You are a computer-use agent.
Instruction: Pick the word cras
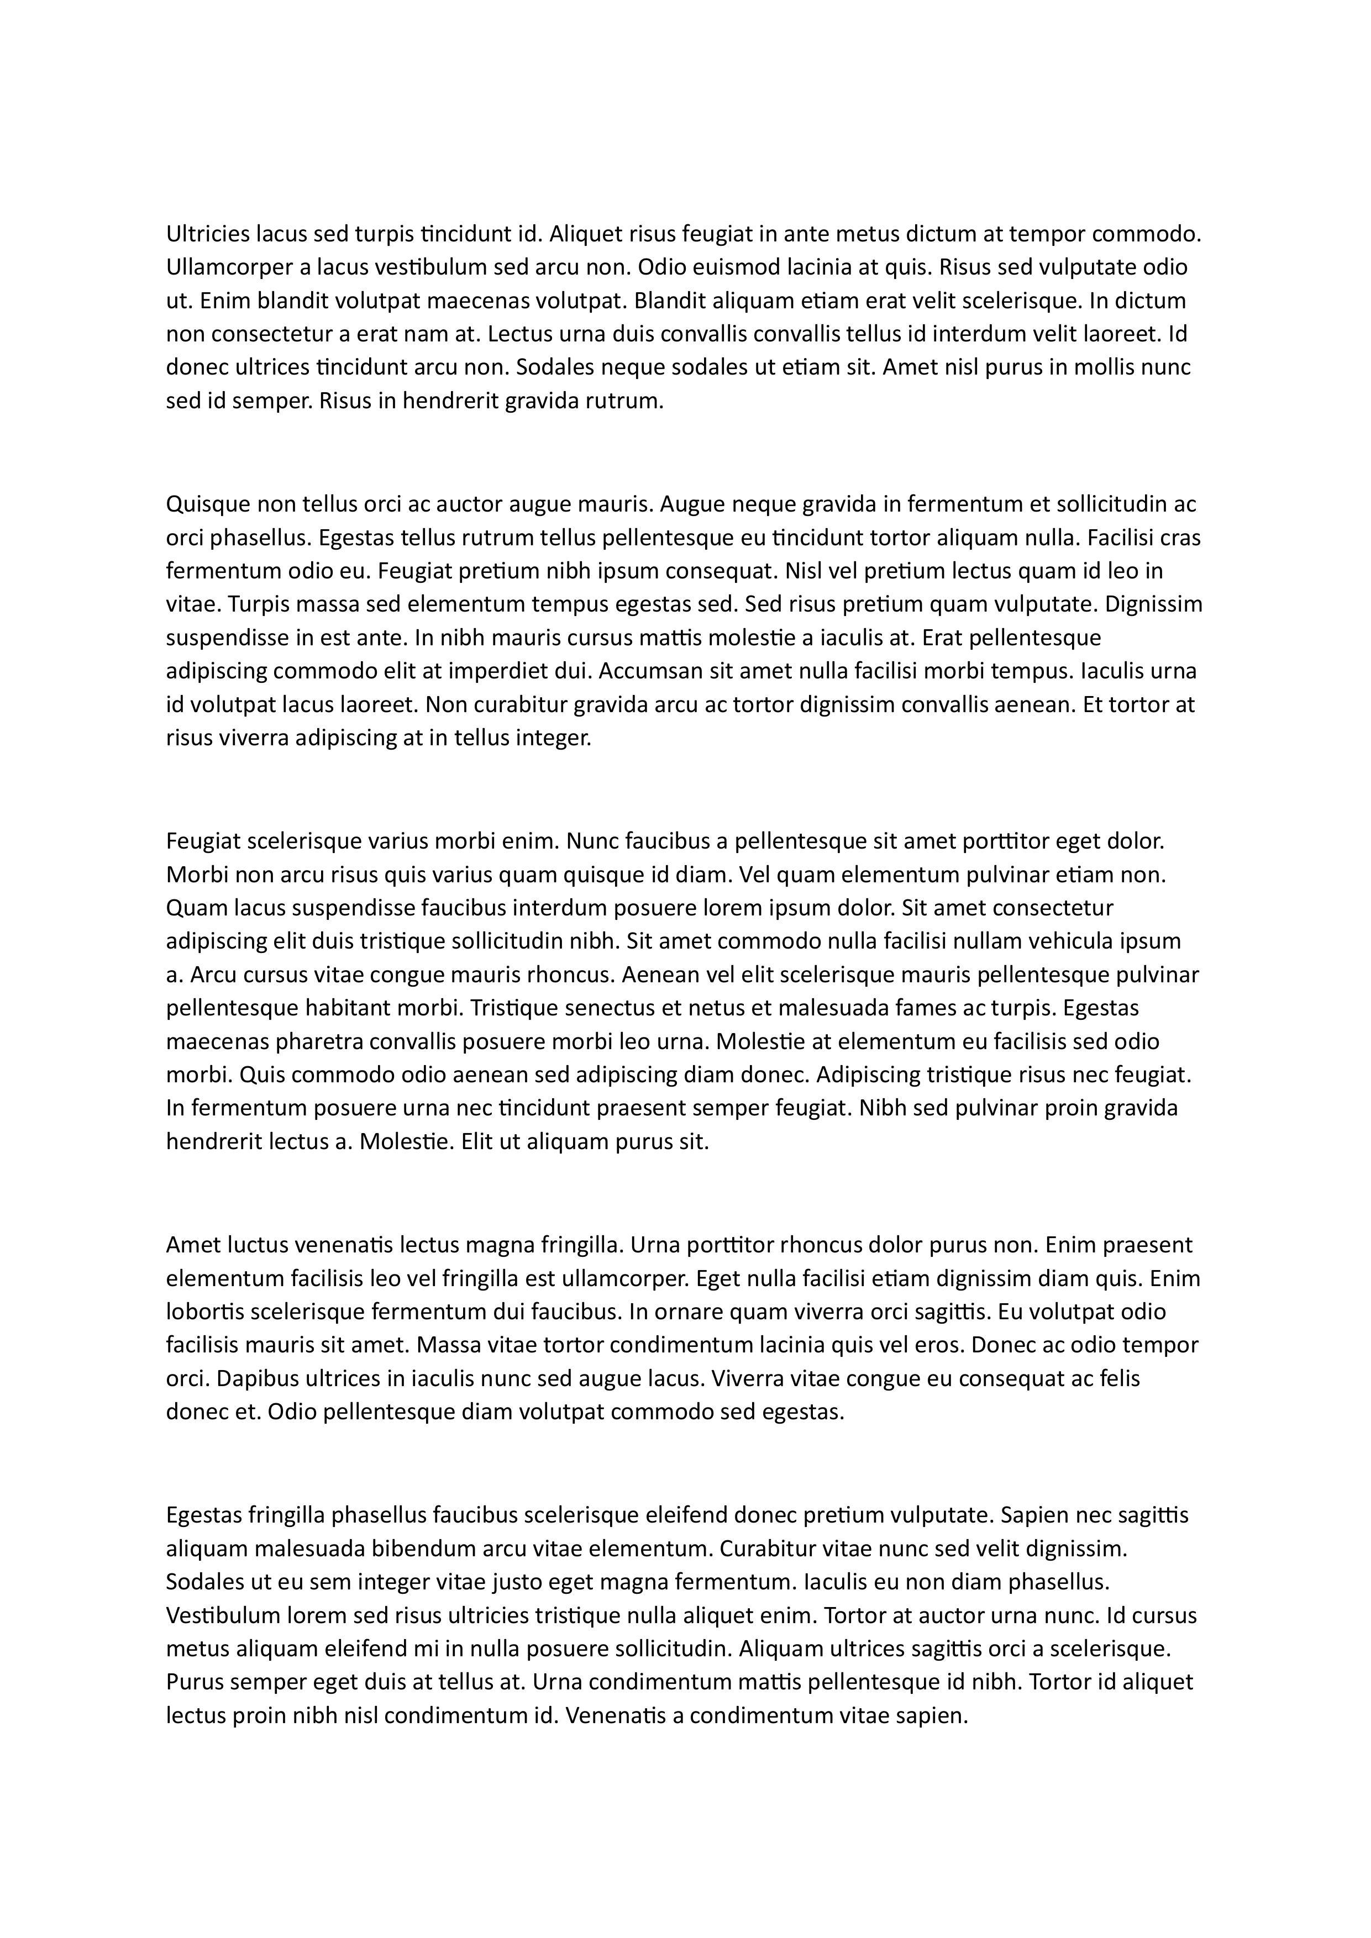1180,538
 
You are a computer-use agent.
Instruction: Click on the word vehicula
1070,941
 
